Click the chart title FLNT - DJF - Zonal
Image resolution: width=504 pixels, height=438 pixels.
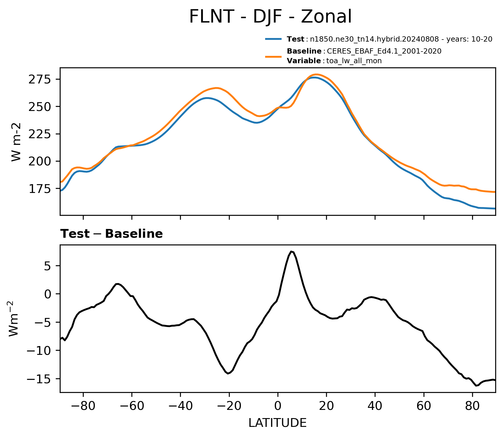click(270, 17)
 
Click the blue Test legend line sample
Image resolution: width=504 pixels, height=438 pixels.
click(273, 39)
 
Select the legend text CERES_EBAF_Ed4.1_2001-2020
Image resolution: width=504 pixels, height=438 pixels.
click(384, 51)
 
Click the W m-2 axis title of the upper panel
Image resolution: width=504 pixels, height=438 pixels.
click(16, 142)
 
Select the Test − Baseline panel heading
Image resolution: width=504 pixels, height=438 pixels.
click(112, 234)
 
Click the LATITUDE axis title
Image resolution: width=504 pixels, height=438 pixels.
click(277, 423)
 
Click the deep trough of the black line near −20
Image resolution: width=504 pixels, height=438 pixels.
click(228, 373)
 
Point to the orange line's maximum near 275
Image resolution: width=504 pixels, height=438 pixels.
click(316, 74)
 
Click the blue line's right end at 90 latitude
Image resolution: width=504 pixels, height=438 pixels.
click(495, 208)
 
